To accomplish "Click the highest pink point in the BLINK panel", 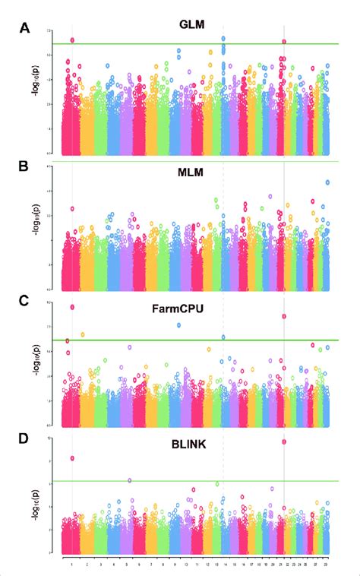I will point(284,441).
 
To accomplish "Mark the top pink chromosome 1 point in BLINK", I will point(72,458).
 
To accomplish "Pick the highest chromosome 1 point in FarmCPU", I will point(72,307).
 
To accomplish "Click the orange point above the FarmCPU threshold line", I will point(82,334).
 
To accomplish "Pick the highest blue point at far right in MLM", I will point(327,182).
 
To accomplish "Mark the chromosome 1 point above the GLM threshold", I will point(72,40).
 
